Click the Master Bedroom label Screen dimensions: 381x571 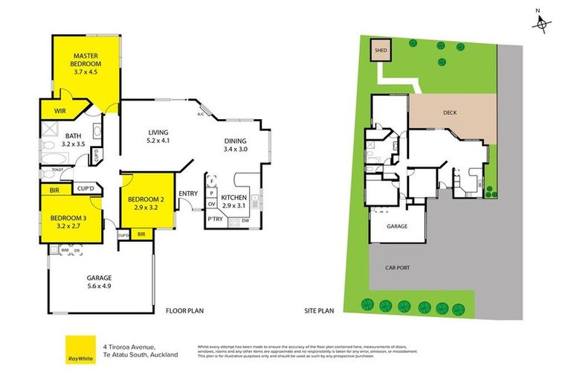click(x=86, y=64)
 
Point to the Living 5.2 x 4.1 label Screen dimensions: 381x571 click(x=158, y=135)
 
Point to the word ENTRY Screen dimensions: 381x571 click(x=188, y=195)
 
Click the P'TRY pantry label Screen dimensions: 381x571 click(x=215, y=220)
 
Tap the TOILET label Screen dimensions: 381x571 click(x=58, y=170)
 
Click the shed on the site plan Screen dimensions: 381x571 click(x=381, y=51)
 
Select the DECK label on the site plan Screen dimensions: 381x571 click(x=450, y=113)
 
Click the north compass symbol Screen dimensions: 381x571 click(x=543, y=25)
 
